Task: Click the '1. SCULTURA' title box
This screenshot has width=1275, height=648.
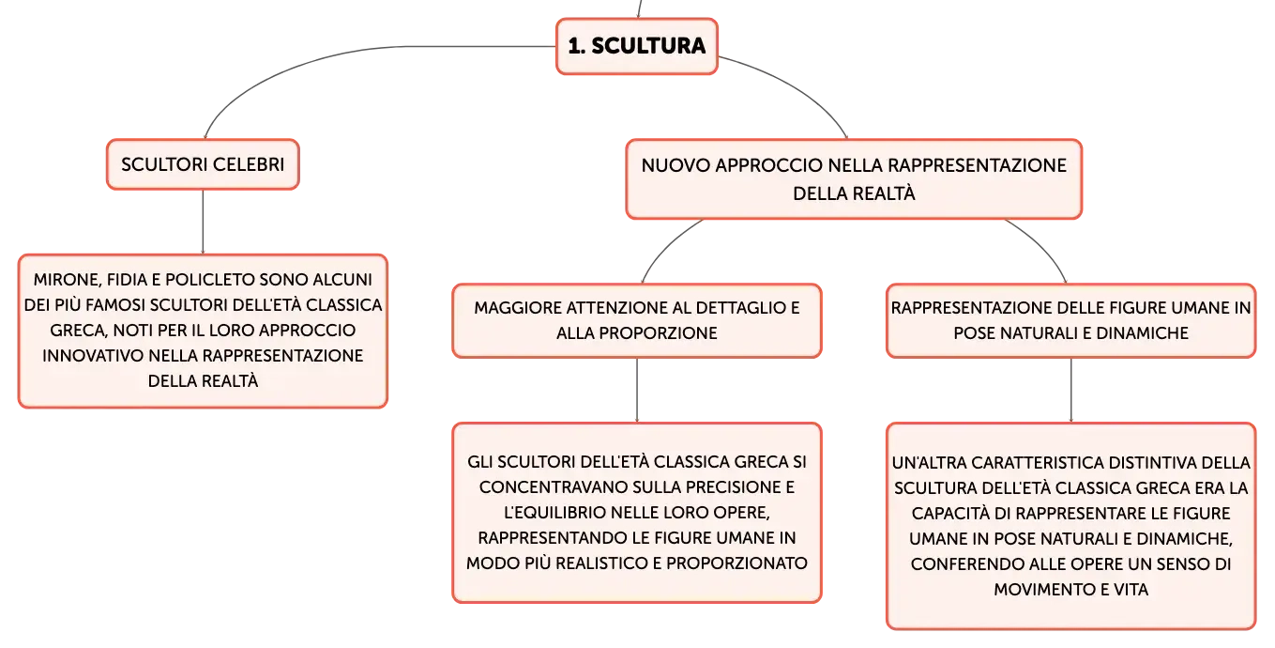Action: [x=636, y=46]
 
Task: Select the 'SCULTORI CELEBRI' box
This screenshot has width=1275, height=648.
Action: [x=203, y=164]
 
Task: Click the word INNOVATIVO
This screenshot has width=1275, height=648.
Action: [x=93, y=356]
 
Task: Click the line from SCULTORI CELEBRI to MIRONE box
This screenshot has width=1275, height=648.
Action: [x=203, y=222]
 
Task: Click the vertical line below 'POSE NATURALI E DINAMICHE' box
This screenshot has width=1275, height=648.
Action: [x=1071, y=391]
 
